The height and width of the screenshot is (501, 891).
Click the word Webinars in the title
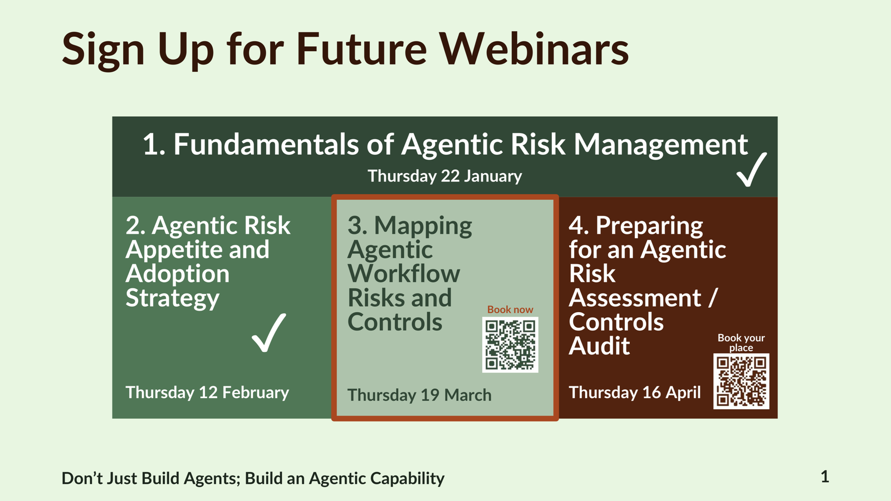(x=534, y=48)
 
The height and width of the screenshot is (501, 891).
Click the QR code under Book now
(x=510, y=345)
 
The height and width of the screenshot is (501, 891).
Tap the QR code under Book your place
(x=741, y=381)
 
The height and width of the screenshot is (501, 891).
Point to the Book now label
(x=510, y=310)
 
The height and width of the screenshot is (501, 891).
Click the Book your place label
(x=741, y=342)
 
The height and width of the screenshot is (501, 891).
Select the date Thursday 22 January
(x=445, y=176)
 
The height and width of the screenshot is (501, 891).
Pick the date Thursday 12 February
(x=207, y=393)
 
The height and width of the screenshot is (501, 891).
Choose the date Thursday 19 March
(x=420, y=395)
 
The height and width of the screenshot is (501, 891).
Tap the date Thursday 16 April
(x=634, y=393)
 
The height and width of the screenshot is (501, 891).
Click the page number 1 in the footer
(x=825, y=477)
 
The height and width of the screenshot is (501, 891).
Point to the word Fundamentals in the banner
(x=266, y=144)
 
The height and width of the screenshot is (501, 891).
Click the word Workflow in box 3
(x=404, y=273)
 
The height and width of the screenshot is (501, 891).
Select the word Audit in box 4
(x=599, y=346)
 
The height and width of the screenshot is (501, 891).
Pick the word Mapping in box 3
(x=423, y=227)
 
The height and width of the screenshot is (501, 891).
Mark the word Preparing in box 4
(x=649, y=227)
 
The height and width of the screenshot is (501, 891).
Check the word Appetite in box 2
(x=174, y=250)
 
